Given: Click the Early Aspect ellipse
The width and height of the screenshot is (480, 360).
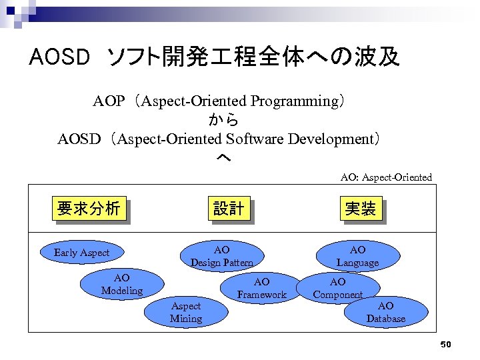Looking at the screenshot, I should click(x=81, y=253).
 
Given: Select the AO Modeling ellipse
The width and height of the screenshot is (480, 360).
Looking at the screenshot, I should click(x=121, y=284).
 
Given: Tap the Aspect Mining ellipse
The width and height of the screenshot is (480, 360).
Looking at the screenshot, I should click(x=185, y=312).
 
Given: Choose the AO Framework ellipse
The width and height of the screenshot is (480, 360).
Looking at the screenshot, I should click(x=262, y=289).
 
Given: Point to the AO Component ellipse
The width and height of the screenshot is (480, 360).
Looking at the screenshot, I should click(x=338, y=289).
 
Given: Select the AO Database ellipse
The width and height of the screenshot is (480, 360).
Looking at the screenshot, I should click(x=385, y=312).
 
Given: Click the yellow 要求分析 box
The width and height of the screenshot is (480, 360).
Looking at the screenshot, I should click(x=89, y=209).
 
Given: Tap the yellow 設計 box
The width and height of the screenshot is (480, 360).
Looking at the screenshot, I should click(x=228, y=209).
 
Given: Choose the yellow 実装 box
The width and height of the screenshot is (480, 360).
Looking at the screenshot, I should click(x=360, y=209).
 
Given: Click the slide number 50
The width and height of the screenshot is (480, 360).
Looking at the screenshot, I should click(x=446, y=345).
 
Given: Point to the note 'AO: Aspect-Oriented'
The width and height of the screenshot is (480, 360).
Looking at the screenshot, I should click(x=386, y=177).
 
